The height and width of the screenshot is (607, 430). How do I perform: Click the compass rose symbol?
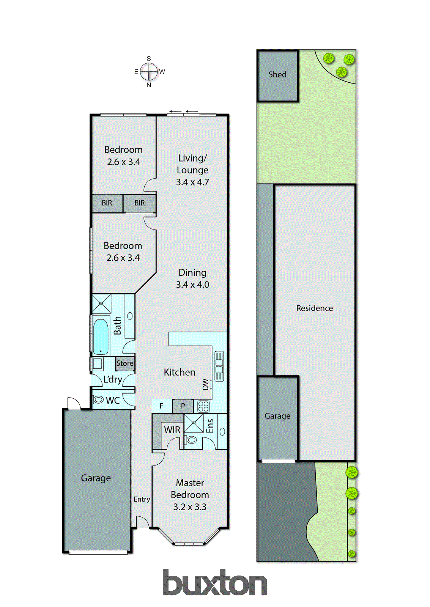tap(149, 71)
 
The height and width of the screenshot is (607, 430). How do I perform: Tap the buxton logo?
tap(215, 583)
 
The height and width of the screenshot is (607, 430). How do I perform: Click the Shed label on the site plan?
tap(277, 74)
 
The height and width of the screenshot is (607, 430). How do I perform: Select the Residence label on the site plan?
tap(314, 308)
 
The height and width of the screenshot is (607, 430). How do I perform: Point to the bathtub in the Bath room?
tap(101, 336)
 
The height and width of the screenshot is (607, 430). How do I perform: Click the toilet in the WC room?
tap(99, 399)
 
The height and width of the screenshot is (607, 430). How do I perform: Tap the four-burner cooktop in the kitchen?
tap(203, 406)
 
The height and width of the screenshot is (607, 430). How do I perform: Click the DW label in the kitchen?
tap(206, 384)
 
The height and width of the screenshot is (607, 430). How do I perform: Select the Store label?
tap(125, 363)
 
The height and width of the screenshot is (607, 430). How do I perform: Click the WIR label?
tap(172, 430)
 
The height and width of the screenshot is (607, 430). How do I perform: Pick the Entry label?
tap(142, 499)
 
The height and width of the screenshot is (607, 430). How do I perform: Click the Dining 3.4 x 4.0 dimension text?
tap(192, 285)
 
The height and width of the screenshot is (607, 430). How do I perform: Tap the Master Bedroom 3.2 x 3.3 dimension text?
tap(190, 507)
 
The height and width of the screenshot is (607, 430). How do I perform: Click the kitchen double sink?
tap(219, 366)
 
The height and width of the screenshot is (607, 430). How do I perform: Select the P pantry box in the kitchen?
tap(183, 406)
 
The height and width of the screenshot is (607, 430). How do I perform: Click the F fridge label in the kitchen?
tap(161, 406)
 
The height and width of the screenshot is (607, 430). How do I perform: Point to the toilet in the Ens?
tap(192, 440)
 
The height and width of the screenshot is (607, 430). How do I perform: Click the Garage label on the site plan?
tap(277, 416)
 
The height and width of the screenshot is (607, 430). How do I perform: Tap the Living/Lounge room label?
tap(192, 164)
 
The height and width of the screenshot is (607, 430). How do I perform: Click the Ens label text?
tap(210, 426)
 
